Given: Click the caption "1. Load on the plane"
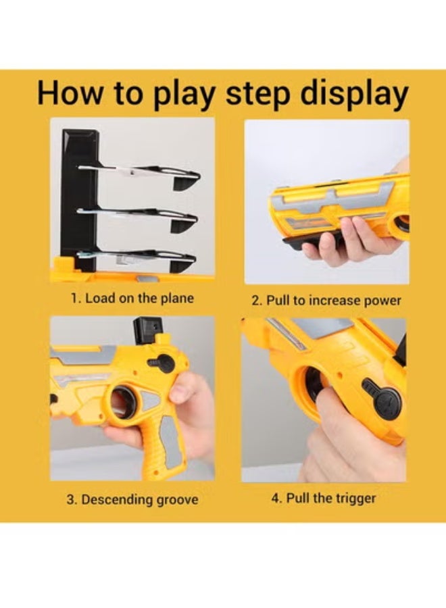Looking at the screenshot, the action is click(132, 299).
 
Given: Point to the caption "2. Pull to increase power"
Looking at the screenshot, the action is click(326, 301).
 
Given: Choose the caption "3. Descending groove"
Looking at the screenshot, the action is click(132, 499).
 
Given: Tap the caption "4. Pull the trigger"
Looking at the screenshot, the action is click(324, 499).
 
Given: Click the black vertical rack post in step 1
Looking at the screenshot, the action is click(79, 200).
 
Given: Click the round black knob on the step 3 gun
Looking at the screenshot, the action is click(164, 363).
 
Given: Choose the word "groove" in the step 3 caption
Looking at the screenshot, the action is click(177, 500).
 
